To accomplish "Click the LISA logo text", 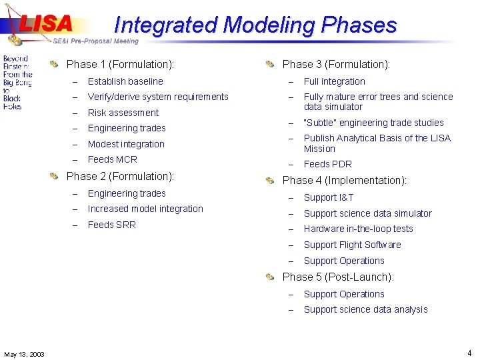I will click(45, 23).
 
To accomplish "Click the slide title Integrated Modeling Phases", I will click(255, 25).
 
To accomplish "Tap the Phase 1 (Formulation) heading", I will click(120, 65).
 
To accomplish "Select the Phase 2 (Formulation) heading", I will click(120, 177).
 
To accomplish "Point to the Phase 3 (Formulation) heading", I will click(336, 65).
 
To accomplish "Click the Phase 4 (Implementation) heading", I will click(344, 181).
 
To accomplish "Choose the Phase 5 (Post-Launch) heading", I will click(338, 277).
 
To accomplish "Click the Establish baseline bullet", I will click(125, 81).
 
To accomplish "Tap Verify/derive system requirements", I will click(158, 97).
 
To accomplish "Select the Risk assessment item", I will click(123, 113).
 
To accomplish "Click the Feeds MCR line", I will click(112, 159).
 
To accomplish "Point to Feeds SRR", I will click(111, 225).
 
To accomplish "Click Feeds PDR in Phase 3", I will click(327, 164).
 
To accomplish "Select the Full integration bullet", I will click(334, 81).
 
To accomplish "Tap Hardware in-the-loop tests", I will click(358, 229).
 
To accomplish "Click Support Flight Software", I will click(352, 245).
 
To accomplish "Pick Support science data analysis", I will click(365, 309).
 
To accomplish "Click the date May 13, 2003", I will click(24, 354).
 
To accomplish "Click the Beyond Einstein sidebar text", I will click(17, 82).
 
